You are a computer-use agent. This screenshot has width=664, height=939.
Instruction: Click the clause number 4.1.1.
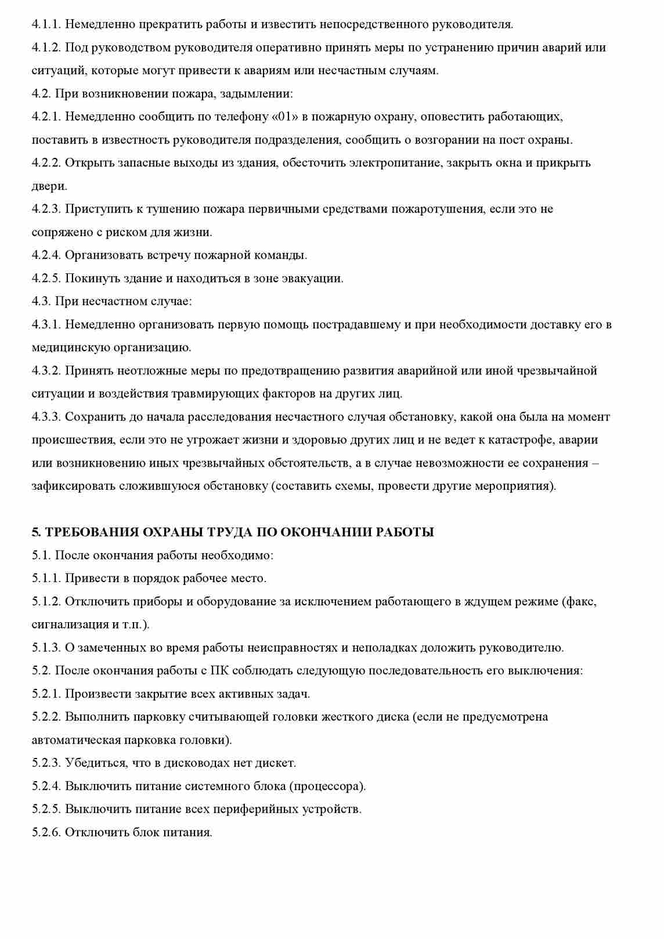coord(46,24)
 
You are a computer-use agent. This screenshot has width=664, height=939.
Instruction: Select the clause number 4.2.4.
coord(46,255)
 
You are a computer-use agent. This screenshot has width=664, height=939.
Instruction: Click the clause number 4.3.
coord(41,301)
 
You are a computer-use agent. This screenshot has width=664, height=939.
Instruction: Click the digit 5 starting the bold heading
coord(35,532)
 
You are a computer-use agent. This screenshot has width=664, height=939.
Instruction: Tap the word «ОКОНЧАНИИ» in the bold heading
coord(327,532)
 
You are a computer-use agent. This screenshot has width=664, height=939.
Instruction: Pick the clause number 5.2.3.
coord(46,763)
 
